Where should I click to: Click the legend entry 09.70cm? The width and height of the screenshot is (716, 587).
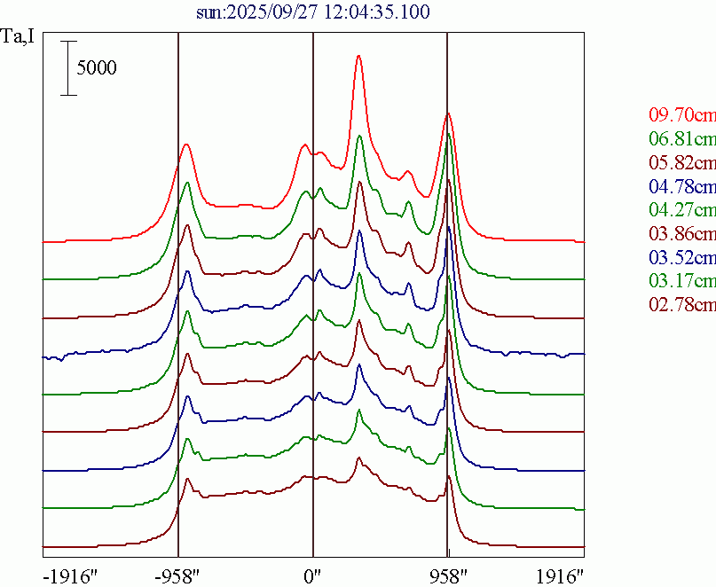681,115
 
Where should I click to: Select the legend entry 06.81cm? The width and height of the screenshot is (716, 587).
681,139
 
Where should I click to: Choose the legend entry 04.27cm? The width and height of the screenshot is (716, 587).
681,210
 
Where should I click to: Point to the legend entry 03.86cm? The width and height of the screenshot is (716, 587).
681,234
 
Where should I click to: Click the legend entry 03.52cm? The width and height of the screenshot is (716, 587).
681,258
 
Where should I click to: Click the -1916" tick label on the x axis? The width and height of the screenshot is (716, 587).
69,575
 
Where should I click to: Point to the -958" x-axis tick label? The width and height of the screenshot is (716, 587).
180,575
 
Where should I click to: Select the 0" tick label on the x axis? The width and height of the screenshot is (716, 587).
312,575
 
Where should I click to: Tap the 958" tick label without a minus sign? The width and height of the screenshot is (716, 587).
447,575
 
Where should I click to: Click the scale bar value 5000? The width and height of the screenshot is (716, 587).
96,67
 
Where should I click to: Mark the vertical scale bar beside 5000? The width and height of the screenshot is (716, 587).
68,67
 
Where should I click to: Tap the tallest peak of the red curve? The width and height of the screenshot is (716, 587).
358,56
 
